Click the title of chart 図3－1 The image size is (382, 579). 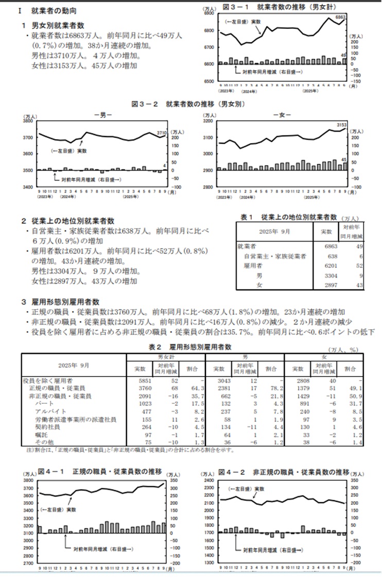pyautogui.click(x=279, y=7)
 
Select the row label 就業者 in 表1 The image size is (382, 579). pyautogui.click(x=247, y=246)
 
